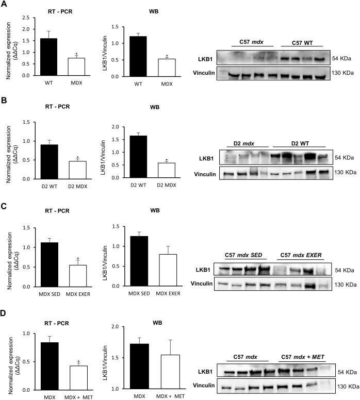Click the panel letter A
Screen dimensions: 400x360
tap(4, 5)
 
